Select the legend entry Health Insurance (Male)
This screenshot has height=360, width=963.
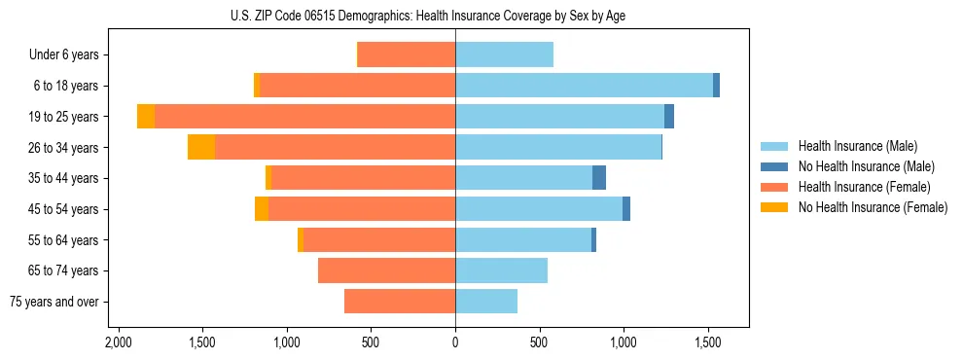coord(852,146)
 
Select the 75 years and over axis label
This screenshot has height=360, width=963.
coord(53,302)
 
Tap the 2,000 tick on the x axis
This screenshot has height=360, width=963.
coord(118,342)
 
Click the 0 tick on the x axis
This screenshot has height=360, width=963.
coord(455,342)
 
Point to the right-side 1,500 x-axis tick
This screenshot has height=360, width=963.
coord(707,342)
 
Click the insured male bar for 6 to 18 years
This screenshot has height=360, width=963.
coord(584,86)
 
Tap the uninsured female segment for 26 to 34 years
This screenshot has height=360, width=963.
coord(201,147)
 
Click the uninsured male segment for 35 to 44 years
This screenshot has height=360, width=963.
coord(599,178)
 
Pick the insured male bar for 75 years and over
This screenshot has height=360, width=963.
coord(486,302)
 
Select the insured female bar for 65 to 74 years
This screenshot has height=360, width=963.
coord(386,270)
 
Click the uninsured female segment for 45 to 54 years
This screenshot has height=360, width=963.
coord(262,209)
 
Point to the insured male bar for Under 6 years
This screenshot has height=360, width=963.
coord(504,54)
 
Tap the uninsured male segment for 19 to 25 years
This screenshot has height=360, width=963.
coord(669,117)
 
